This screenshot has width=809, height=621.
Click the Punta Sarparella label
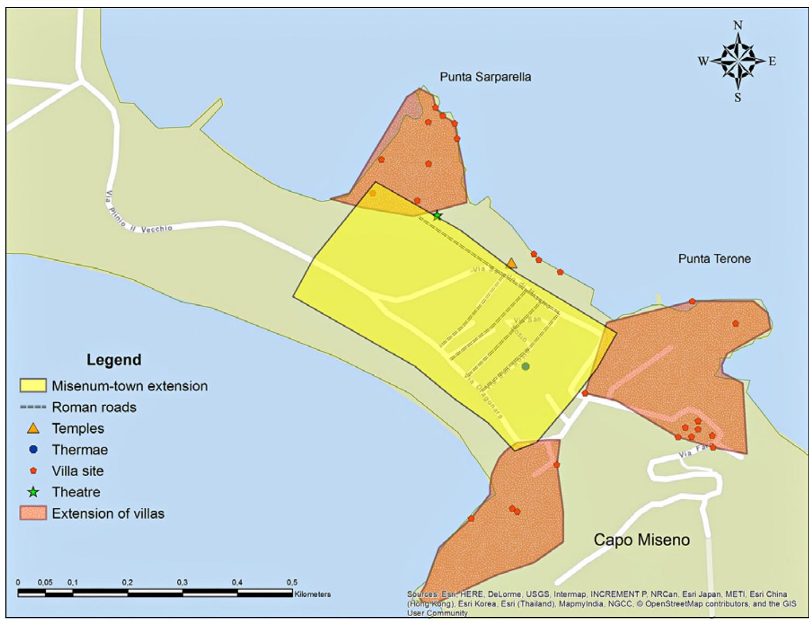point(485,77)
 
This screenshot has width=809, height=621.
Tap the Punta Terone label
point(714,259)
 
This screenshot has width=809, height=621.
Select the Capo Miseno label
point(641,540)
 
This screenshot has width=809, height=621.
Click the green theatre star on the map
point(437,216)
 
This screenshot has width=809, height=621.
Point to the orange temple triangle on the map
point(511,263)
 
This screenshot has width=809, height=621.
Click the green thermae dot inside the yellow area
point(525,366)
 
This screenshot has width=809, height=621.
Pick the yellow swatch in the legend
point(33,386)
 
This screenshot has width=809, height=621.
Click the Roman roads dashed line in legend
point(33,407)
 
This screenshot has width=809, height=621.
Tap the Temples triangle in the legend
point(33,429)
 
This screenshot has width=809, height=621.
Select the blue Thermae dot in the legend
point(33,449)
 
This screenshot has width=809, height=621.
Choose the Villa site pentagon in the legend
point(33,471)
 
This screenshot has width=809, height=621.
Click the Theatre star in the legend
point(33,492)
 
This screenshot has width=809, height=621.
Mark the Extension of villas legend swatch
point(33,513)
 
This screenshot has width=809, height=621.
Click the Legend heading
point(114,360)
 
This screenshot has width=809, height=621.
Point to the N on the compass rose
point(738,25)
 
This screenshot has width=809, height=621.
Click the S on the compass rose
point(737,97)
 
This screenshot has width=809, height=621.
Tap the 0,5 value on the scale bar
point(292,582)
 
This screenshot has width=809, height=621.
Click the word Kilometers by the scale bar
point(313,594)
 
